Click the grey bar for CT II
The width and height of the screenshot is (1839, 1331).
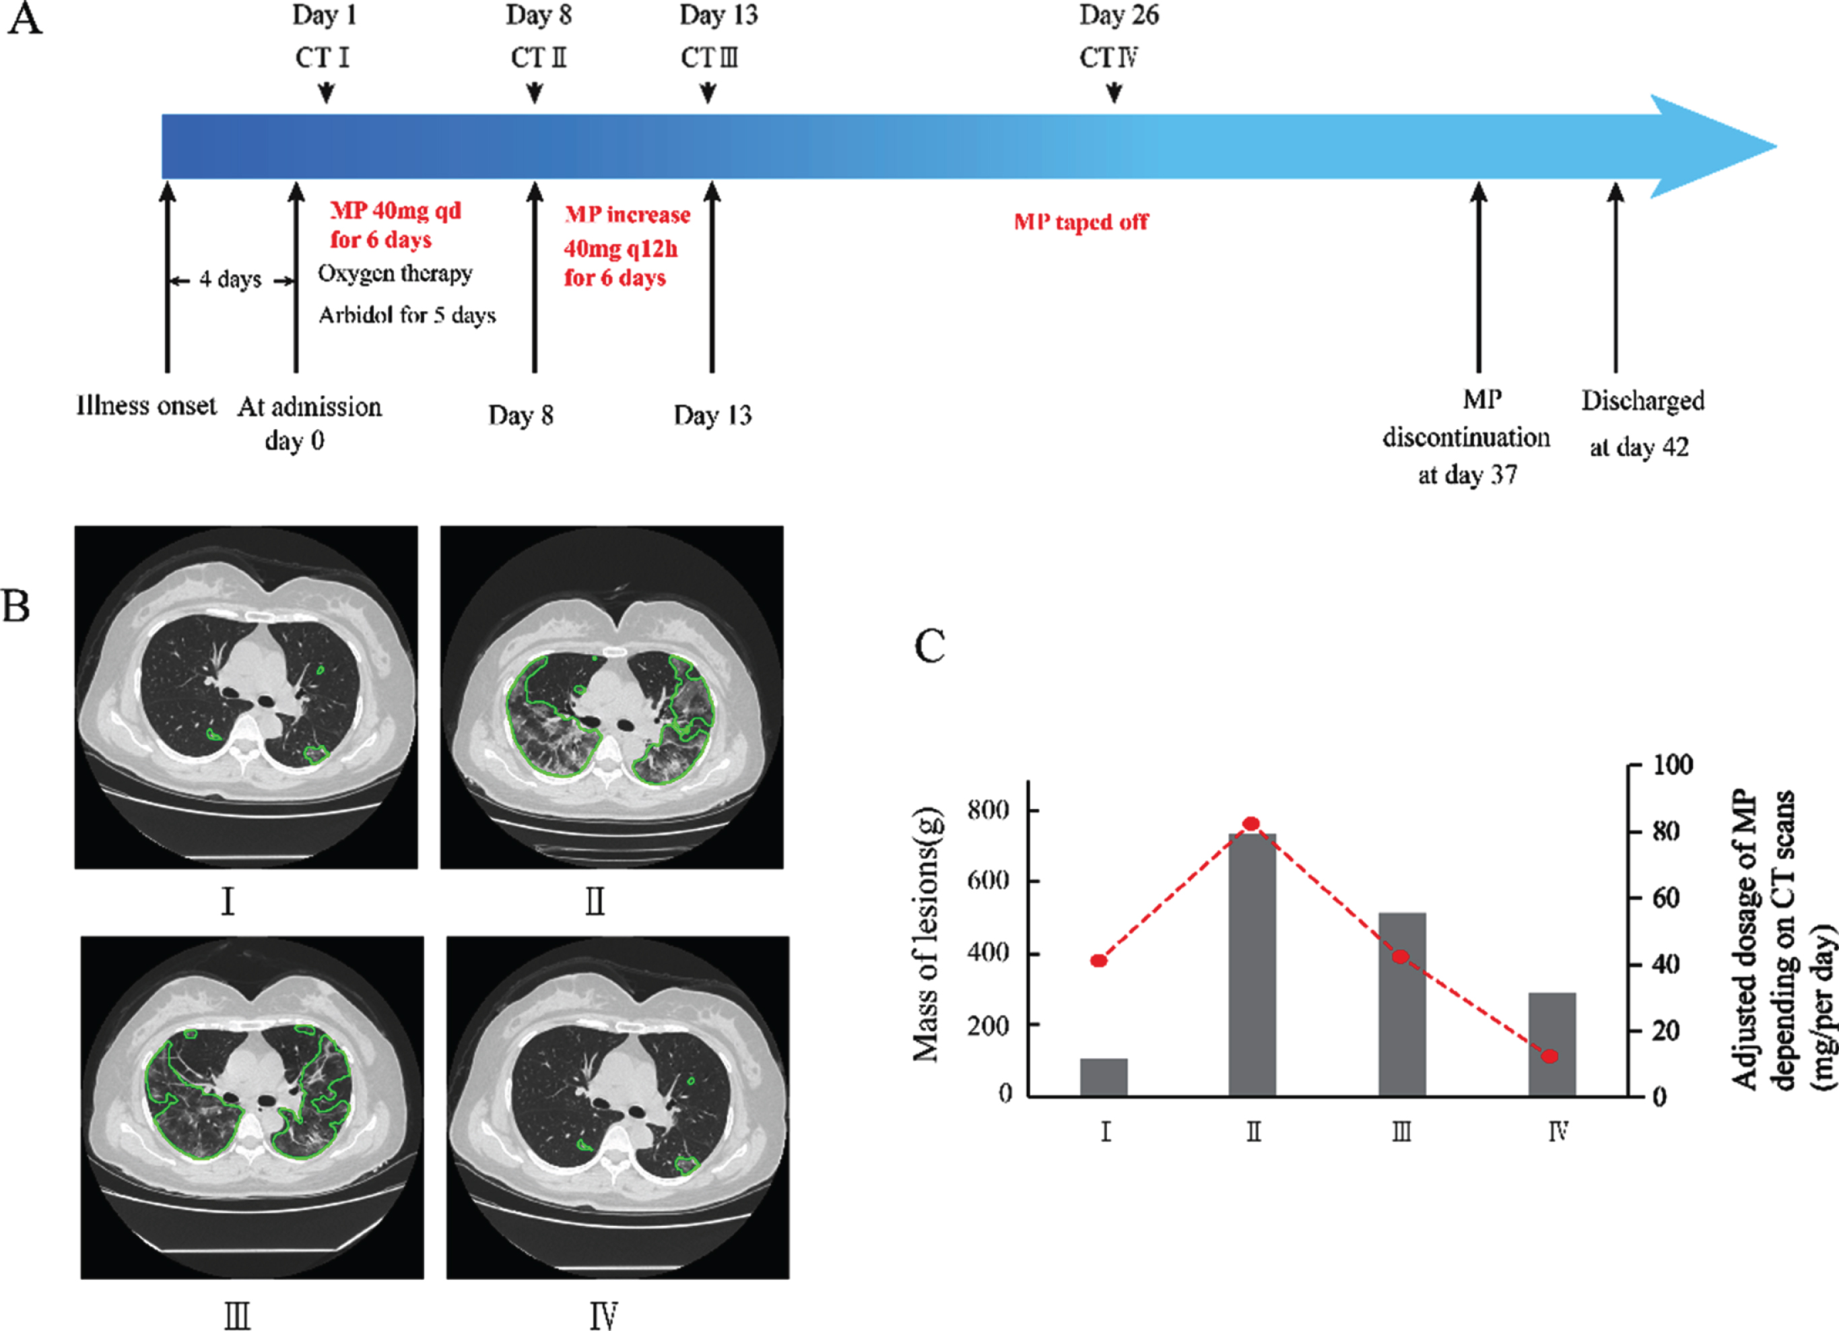pyautogui.click(x=1252, y=965)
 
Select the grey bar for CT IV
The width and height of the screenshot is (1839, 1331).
pyautogui.click(x=1552, y=1044)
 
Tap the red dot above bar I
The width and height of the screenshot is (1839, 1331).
pyautogui.click(x=1099, y=961)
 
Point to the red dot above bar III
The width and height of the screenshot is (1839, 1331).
pyautogui.click(x=1401, y=956)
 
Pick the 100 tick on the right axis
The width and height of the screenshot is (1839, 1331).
pyautogui.click(x=1635, y=765)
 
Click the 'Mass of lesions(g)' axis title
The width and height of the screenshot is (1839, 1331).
pyautogui.click(x=926, y=934)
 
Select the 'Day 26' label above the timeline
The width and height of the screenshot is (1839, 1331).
pyautogui.click(x=1119, y=15)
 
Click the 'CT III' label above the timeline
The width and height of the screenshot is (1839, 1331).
pyautogui.click(x=710, y=57)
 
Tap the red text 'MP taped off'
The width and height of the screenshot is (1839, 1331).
pyautogui.click(x=1081, y=222)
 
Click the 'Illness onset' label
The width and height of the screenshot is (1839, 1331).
pyautogui.click(x=146, y=405)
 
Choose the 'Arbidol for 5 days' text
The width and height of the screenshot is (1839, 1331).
pyautogui.click(x=407, y=315)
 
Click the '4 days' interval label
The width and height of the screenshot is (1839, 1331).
pyautogui.click(x=231, y=280)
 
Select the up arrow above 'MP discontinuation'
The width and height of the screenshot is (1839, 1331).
pyautogui.click(x=1479, y=278)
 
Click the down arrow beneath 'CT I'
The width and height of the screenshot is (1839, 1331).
pyautogui.click(x=326, y=92)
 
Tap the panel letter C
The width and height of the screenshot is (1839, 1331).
pyautogui.click(x=929, y=647)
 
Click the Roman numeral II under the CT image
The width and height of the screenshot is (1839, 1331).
pyautogui.click(x=595, y=901)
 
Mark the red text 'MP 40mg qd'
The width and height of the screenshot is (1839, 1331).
pyautogui.click(x=396, y=211)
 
